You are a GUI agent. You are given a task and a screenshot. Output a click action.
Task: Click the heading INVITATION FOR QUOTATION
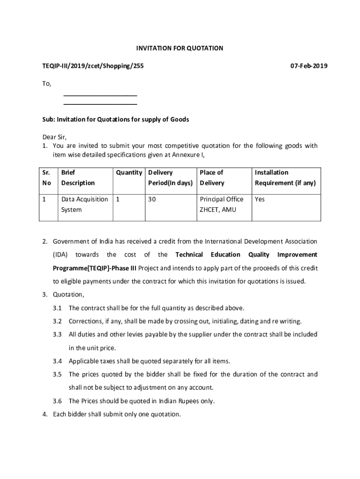coord(180,48)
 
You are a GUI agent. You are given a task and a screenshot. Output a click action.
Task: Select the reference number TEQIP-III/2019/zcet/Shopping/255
coord(93,66)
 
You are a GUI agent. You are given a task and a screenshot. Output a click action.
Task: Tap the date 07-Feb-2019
coord(309,66)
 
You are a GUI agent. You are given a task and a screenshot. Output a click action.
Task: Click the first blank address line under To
coord(100,94)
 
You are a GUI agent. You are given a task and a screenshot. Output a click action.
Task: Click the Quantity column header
coord(129,173)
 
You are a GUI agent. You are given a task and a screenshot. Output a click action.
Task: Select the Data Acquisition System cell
coord(84,204)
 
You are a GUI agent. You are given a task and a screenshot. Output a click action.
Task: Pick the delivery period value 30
coord(152,199)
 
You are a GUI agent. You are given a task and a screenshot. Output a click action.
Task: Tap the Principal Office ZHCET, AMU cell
coord(222,204)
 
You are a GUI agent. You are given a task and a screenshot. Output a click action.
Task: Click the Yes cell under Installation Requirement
coord(260,199)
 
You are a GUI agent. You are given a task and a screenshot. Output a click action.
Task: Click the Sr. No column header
coord(47,178)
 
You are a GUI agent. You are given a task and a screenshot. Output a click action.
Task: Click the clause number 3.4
coord(58,361)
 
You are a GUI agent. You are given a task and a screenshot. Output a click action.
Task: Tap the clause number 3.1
coord(58,308)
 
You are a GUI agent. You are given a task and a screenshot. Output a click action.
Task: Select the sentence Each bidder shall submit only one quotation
coord(117,414)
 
